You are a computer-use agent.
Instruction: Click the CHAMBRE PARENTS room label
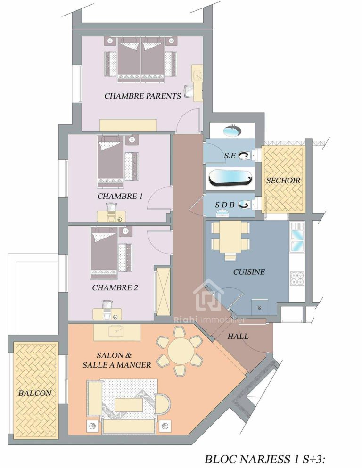tap(142, 96)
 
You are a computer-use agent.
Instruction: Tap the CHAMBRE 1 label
tap(120, 196)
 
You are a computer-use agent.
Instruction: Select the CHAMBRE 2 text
tap(115, 287)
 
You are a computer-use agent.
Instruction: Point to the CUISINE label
tap(249, 272)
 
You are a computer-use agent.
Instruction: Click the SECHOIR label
tap(283, 181)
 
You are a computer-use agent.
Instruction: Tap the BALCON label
tap(35, 393)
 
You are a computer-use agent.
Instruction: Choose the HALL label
tap(238, 337)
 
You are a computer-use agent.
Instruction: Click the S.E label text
tap(230, 155)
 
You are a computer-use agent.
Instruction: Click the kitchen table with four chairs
tap(230, 236)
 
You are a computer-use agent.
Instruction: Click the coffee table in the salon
tap(130, 404)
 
